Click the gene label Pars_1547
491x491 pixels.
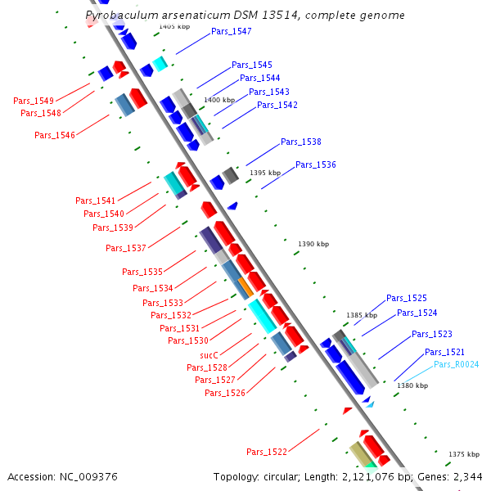(x=232, y=31)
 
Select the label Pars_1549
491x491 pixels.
(x=34, y=101)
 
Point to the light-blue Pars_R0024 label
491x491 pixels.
(x=457, y=364)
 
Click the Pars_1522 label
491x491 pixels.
(x=267, y=452)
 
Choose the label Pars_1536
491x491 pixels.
(x=316, y=164)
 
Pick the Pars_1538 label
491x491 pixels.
(x=301, y=142)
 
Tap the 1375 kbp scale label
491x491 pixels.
(x=465, y=453)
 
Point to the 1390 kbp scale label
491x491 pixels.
(x=313, y=244)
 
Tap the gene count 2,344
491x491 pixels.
(x=466, y=476)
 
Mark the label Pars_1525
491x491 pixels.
(x=407, y=298)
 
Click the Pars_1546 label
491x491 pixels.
(x=55, y=135)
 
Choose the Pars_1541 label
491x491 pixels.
(x=96, y=200)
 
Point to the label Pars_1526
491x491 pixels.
(x=225, y=393)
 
